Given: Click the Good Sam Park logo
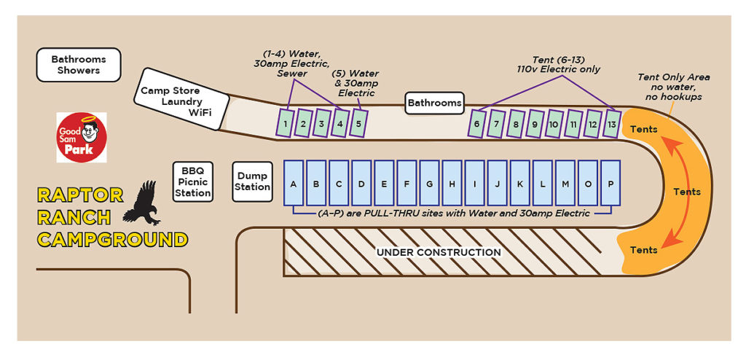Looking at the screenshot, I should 82,138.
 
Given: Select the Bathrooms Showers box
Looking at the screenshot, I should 79,65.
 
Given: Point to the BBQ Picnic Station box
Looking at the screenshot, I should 193,181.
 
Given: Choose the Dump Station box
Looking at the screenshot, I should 252,181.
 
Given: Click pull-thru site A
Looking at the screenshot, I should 294,183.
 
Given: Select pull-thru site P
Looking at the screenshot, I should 610,183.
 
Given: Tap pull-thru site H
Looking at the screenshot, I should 452,183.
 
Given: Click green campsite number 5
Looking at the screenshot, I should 358,122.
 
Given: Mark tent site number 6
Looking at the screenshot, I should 477,122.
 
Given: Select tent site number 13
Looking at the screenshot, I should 612,122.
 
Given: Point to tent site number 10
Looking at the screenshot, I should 554,122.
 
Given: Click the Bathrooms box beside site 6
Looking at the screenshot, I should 435,103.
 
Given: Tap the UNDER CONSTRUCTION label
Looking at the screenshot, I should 438,252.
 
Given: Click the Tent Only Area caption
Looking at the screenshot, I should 673,87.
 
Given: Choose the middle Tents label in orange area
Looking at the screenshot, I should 686,192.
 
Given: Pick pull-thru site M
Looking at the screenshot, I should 565,183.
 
